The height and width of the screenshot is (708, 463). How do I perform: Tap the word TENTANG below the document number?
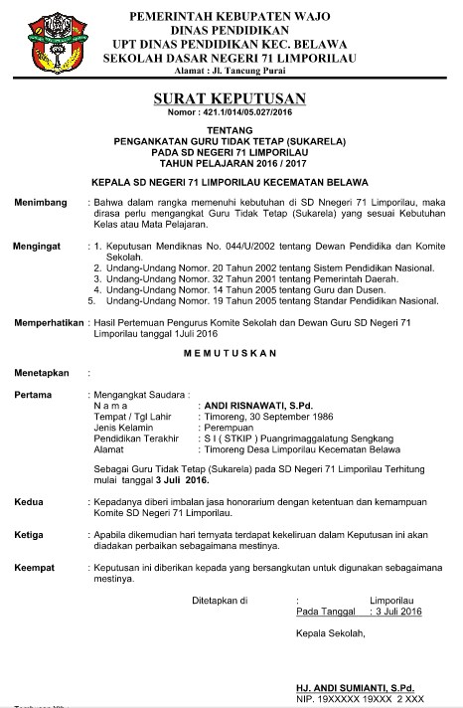click(x=231, y=131)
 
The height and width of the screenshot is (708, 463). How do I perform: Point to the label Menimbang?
click(x=40, y=203)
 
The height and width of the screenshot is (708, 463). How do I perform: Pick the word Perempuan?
click(x=227, y=429)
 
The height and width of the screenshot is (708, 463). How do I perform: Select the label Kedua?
click(x=30, y=502)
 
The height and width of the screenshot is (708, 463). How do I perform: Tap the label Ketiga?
click(x=30, y=534)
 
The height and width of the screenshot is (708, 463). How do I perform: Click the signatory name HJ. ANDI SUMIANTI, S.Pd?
click(x=349, y=687)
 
